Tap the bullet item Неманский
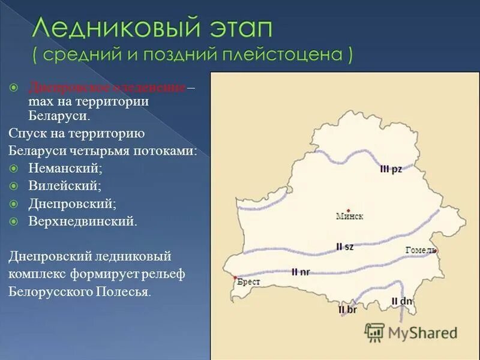click(65, 169)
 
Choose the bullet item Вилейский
click(64, 187)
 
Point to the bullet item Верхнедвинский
click(82, 221)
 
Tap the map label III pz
click(391, 169)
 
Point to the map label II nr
click(301, 272)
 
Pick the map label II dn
click(401, 301)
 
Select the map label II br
click(347, 310)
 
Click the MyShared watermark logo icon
click(374, 332)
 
